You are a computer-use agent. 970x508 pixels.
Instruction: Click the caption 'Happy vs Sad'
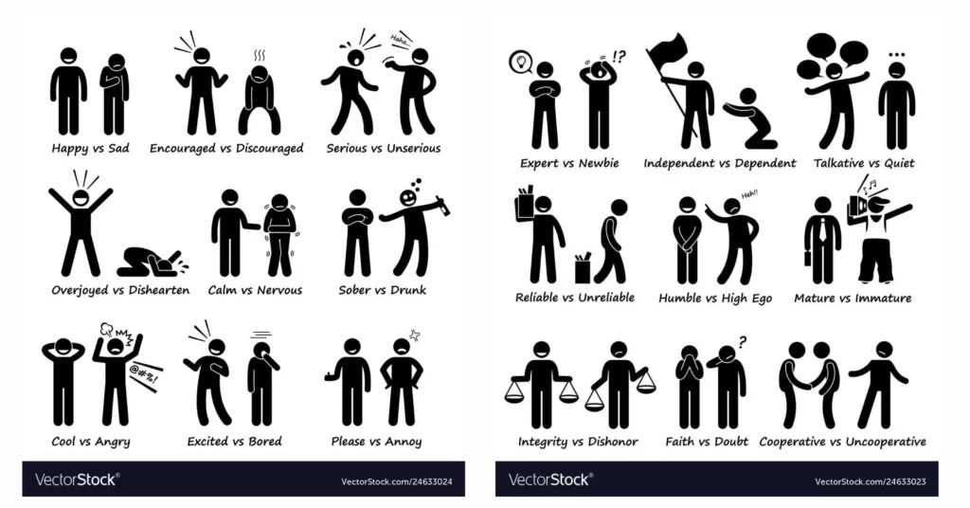[x=90, y=148]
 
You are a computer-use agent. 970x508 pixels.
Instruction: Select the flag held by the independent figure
[x=667, y=51]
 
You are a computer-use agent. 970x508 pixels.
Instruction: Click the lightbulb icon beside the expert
[x=520, y=63]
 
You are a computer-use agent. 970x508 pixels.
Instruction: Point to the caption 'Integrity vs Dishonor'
[x=578, y=442]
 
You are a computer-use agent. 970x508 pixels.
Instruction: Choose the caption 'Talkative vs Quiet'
[x=864, y=163]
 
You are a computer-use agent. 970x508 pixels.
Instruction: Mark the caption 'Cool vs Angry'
[x=91, y=442]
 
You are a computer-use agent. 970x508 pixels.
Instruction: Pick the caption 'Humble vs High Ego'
[x=715, y=299]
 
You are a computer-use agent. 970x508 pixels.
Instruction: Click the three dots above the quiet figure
[x=896, y=54]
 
